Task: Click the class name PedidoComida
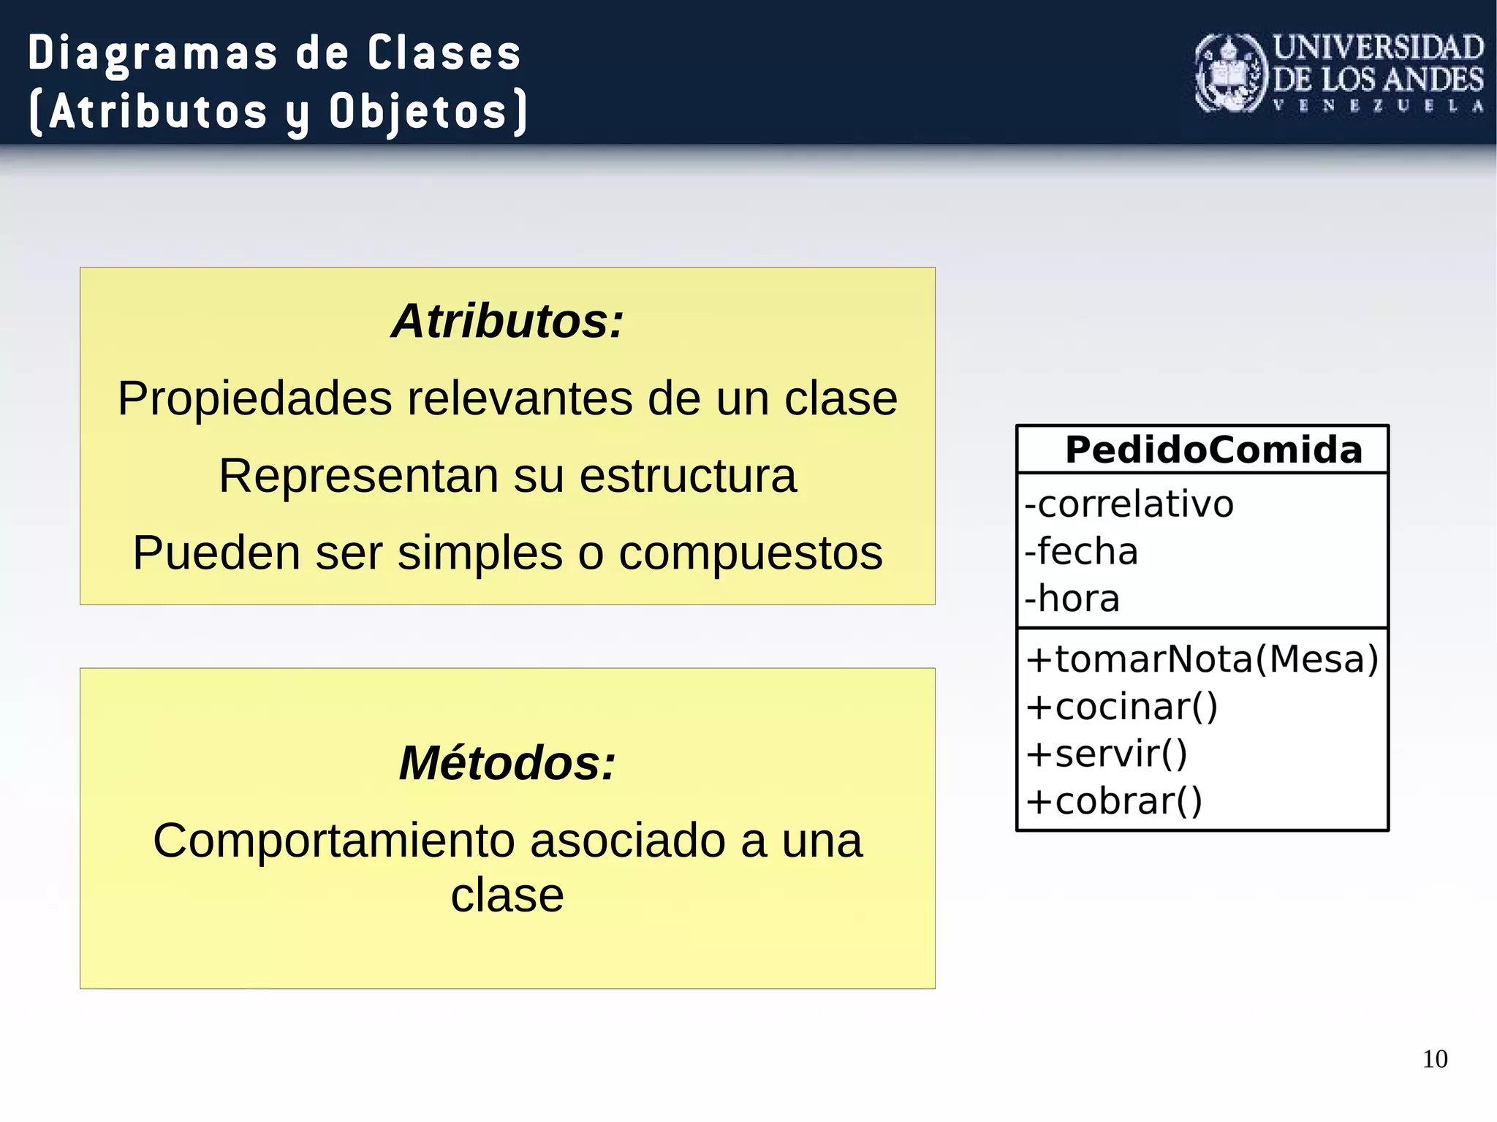1213,450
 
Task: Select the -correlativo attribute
1129,504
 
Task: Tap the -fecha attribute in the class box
1082,552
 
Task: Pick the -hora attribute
1072,599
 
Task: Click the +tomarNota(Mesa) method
1202,659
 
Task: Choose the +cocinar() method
1122,707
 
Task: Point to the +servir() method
1107,754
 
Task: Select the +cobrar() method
1114,801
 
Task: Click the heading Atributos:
507,321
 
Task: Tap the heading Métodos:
507,763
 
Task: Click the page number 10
1435,1059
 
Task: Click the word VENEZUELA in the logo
1378,106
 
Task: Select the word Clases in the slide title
444,53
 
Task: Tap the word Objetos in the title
417,112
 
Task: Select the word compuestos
751,553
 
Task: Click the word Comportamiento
333,841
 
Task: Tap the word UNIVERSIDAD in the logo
1378,48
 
